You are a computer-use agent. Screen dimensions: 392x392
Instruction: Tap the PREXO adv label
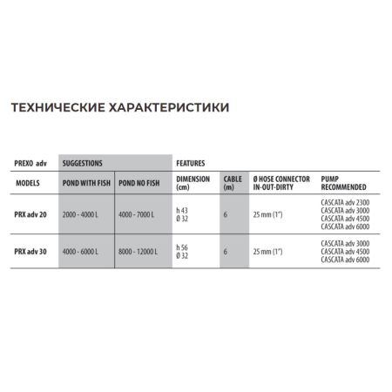[x=33, y=163]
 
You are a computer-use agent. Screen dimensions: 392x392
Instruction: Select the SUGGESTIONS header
[x=83, y=163]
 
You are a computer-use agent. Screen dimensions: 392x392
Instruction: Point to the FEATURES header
[x=191, y=163]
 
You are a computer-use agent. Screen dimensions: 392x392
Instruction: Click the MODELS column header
[x=30, y=185]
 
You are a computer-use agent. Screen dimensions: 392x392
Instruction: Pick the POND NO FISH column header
[x=139, y=185]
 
